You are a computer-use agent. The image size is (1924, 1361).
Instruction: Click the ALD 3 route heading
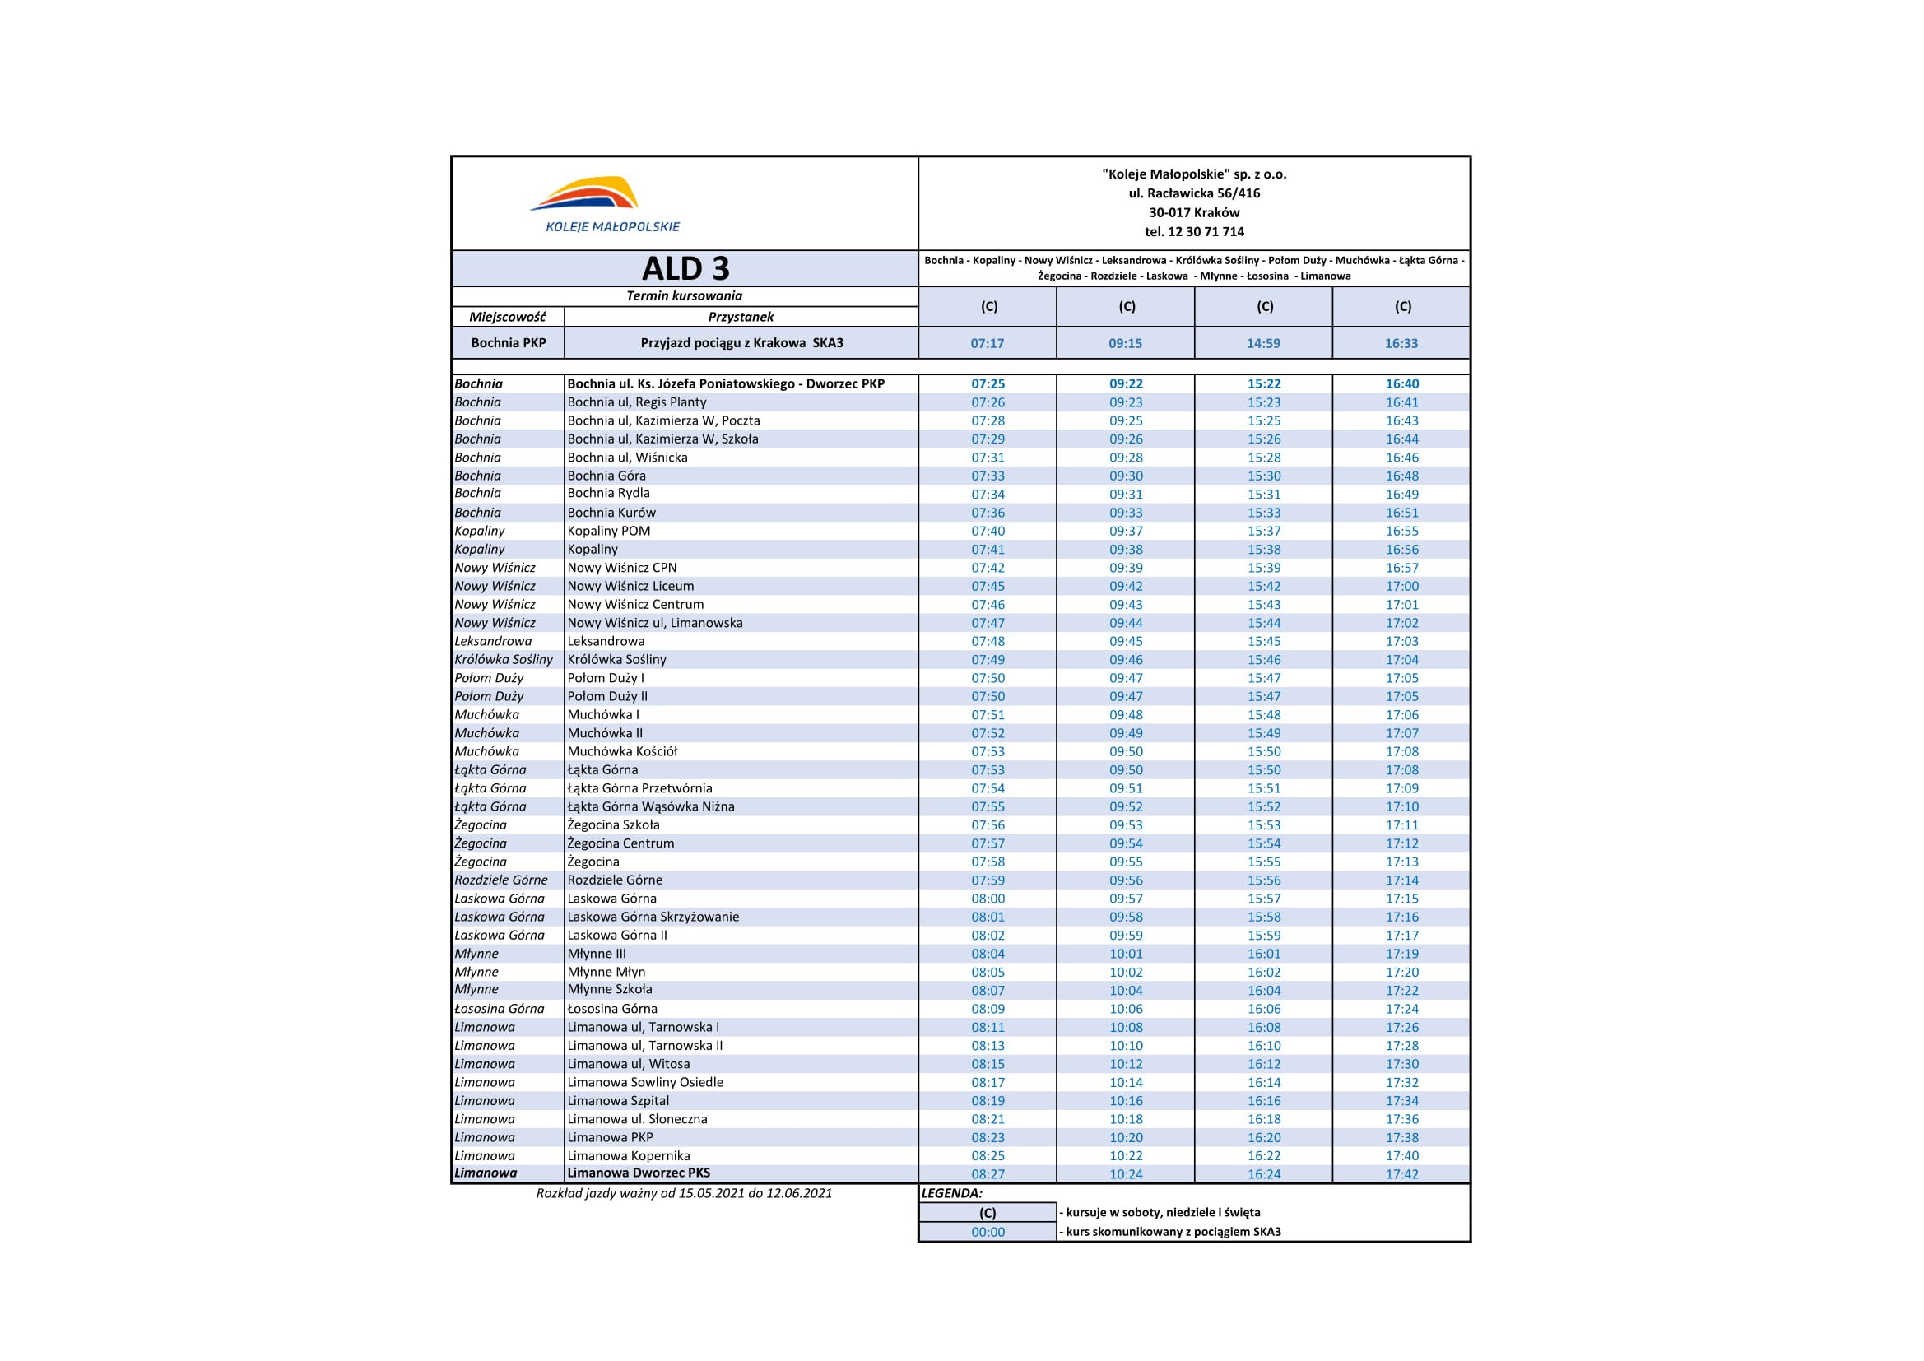click(685, 269)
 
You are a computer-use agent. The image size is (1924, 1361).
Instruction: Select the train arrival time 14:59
click(1263, 343)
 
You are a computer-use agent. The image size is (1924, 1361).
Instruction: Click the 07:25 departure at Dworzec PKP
click(988, 383)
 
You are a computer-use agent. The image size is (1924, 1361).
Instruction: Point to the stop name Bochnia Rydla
click(608, 493)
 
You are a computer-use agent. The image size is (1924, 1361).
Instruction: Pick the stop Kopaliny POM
click(608, 531)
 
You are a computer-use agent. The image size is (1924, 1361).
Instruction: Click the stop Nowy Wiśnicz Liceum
click(630, 586)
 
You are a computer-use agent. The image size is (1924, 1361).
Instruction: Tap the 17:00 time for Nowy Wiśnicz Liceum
click(1402, 586)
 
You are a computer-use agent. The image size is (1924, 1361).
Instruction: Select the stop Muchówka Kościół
click(622, 751)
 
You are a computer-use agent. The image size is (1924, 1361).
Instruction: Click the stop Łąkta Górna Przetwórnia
click(639, 787)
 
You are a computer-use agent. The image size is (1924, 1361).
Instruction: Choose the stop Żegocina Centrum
click(620, 843)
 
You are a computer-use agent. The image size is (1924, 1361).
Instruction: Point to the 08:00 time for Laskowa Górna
click(988, 899)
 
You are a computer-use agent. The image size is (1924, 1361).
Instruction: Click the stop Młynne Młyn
click(606, 972)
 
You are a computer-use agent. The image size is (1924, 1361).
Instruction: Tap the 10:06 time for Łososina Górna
click(1126, 1009)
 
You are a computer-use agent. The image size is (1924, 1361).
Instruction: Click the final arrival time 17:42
click(1402, 1174)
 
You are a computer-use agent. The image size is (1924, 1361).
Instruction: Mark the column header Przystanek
click(740, 317)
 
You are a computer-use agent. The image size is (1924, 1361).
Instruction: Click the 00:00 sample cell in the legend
click(988, 1232)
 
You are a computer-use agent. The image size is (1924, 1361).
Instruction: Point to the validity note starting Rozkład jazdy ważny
click(684, 1192)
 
